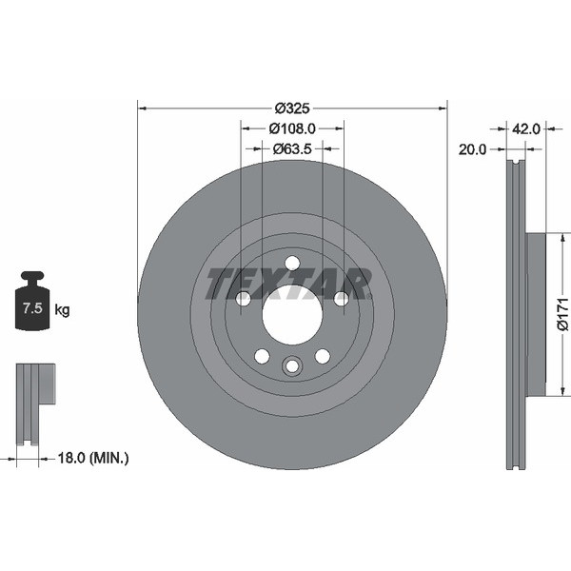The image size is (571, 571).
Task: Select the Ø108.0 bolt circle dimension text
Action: click(x=292, y=128)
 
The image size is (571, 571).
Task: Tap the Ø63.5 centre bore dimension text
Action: click(x=292, y=148)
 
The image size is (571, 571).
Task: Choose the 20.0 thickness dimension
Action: click(x=472, y=149)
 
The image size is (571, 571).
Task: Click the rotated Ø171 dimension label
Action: click(x=562, y=314)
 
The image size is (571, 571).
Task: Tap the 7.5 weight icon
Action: click(x=34, y=302)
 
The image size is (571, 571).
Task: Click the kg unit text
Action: click(x=62, y=309)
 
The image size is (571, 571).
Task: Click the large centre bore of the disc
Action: click(x=292, y=314)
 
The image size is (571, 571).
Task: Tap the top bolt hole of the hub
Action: click(x=292, y=263)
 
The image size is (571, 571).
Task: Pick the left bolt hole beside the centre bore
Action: click(x=244, y=299)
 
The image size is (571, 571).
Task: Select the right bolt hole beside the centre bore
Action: click(x=341, y=299)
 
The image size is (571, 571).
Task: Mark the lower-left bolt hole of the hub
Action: click(x=262, y=356)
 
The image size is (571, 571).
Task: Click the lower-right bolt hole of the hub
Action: click(x=323, y=356)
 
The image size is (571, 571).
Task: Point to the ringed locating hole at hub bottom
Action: click(x=292, y=365)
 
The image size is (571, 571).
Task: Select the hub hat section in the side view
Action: click(x=536, y=314)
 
